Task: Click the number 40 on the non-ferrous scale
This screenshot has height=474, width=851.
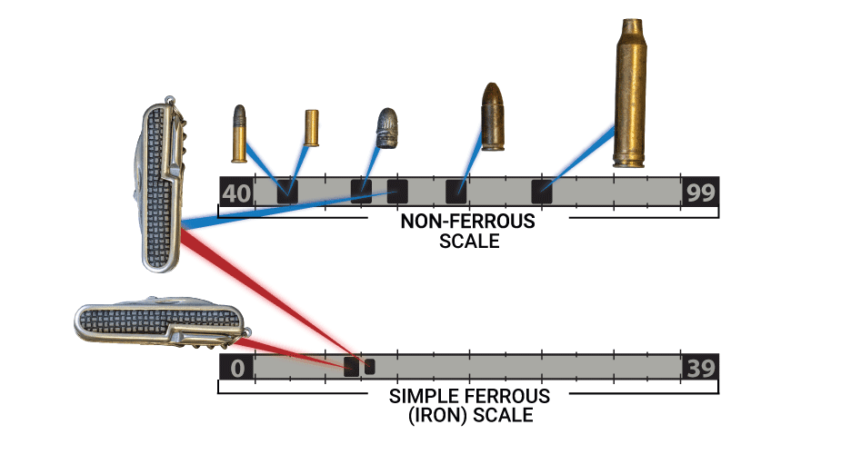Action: point(236,193)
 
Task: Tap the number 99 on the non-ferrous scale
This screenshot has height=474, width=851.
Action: point(700,193)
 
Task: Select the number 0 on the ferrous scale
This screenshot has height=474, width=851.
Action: point(237,369)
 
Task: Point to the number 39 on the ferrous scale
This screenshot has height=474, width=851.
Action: point(700,369)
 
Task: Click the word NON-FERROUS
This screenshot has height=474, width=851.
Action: point(468,222)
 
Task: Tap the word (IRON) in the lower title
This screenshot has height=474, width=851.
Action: point(437,415)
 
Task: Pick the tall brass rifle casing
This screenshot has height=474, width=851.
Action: point(631,94)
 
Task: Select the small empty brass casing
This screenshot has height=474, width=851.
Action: point(312,128)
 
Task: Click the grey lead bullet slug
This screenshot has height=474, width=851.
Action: point(387,128)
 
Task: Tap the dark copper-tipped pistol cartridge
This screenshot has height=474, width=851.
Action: point(493,116)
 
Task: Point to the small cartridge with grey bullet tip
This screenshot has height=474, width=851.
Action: point(239,133)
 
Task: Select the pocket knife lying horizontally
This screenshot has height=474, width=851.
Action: point(161,321)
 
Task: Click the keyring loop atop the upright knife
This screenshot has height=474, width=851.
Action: point(170,100)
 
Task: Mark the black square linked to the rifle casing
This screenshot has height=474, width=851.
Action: point(542,192)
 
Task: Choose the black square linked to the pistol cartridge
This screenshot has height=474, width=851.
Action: point(456,192)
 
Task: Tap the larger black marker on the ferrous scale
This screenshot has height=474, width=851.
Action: point(351,367)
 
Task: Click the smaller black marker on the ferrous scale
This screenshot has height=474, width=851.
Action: point(370,367)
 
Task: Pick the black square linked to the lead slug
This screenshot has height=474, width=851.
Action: point(361,192)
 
